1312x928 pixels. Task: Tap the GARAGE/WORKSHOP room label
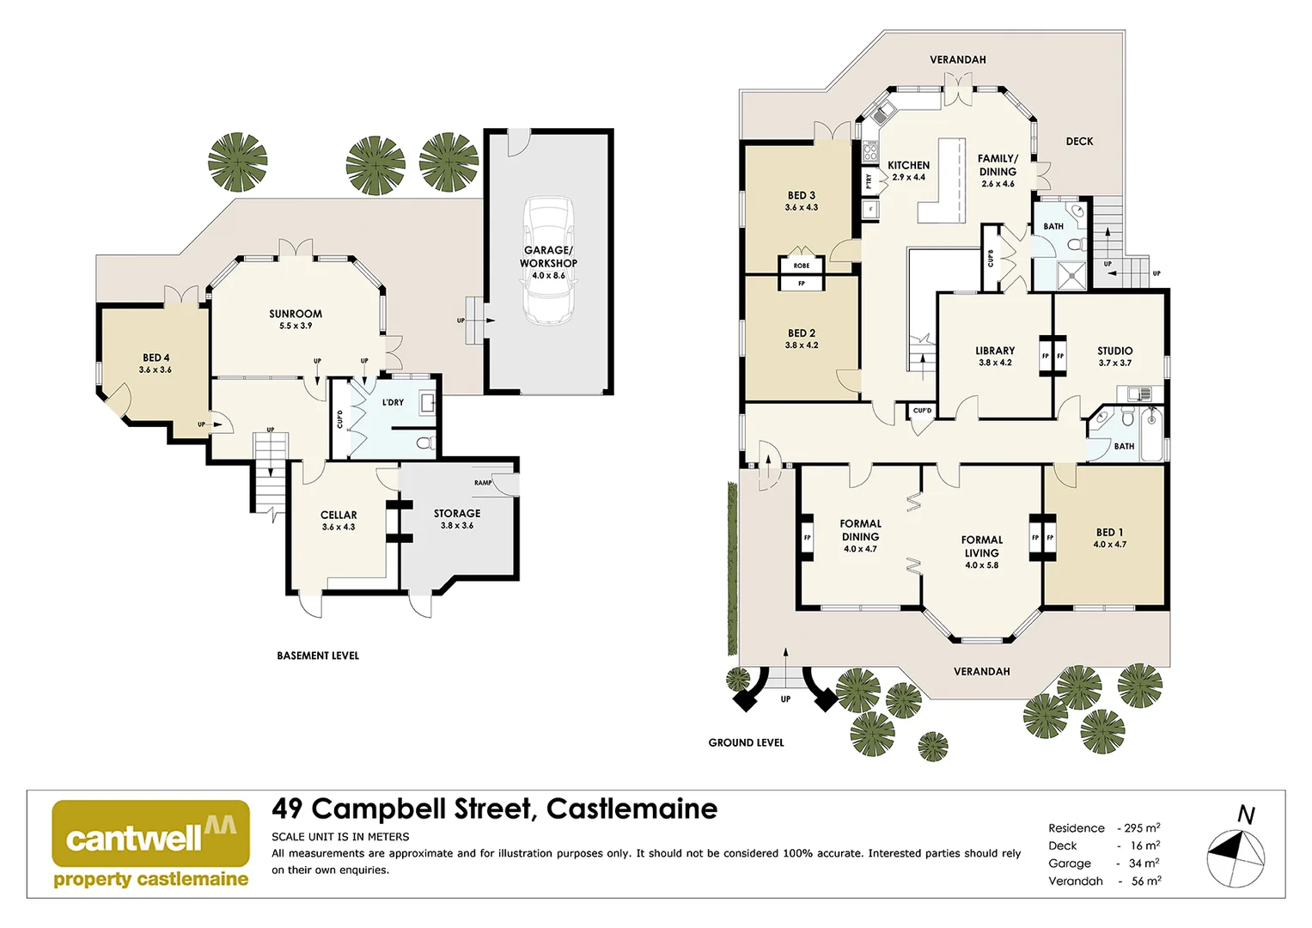[x=548, y=257]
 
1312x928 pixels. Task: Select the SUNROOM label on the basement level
[x=296, y=314]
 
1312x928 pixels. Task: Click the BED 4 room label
[x=156, y=358]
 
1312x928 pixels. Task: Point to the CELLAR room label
[x=339, y=516]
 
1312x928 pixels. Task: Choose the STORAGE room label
[x=457, y=514]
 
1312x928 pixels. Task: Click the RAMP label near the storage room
[x=483, y=483]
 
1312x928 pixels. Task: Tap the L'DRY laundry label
[x=393, y=402]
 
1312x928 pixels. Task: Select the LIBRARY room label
[x=995, y=351]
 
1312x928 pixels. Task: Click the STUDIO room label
[x=1115, y=351]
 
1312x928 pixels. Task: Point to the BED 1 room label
[x=1109, y=533]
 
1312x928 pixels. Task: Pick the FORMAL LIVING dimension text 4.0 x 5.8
[x=981, y=565]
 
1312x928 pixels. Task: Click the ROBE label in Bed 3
[x=802, y=266]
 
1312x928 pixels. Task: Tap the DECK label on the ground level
[x=1080, y=142]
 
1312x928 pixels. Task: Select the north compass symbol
[x=1236, y=856]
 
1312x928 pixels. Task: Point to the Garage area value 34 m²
[x=1144, y=864]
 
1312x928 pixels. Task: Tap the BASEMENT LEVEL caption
[x=318, y=656]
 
